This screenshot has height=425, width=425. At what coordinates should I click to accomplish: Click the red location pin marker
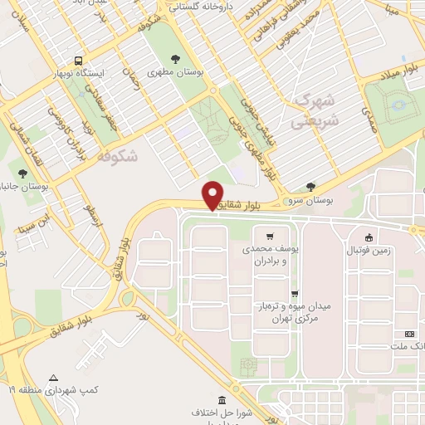coord(213,195)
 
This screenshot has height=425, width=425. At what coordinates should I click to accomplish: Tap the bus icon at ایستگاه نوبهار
coord(78,61)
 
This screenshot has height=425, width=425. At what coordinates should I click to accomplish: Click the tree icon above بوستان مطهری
coord(175,58)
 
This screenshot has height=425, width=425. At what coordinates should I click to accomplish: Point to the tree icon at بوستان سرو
coord(311,187)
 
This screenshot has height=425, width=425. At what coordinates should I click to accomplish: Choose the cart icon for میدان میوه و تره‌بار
coord(294,293)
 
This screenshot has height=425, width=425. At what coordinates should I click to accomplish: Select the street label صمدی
coord(369,120)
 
